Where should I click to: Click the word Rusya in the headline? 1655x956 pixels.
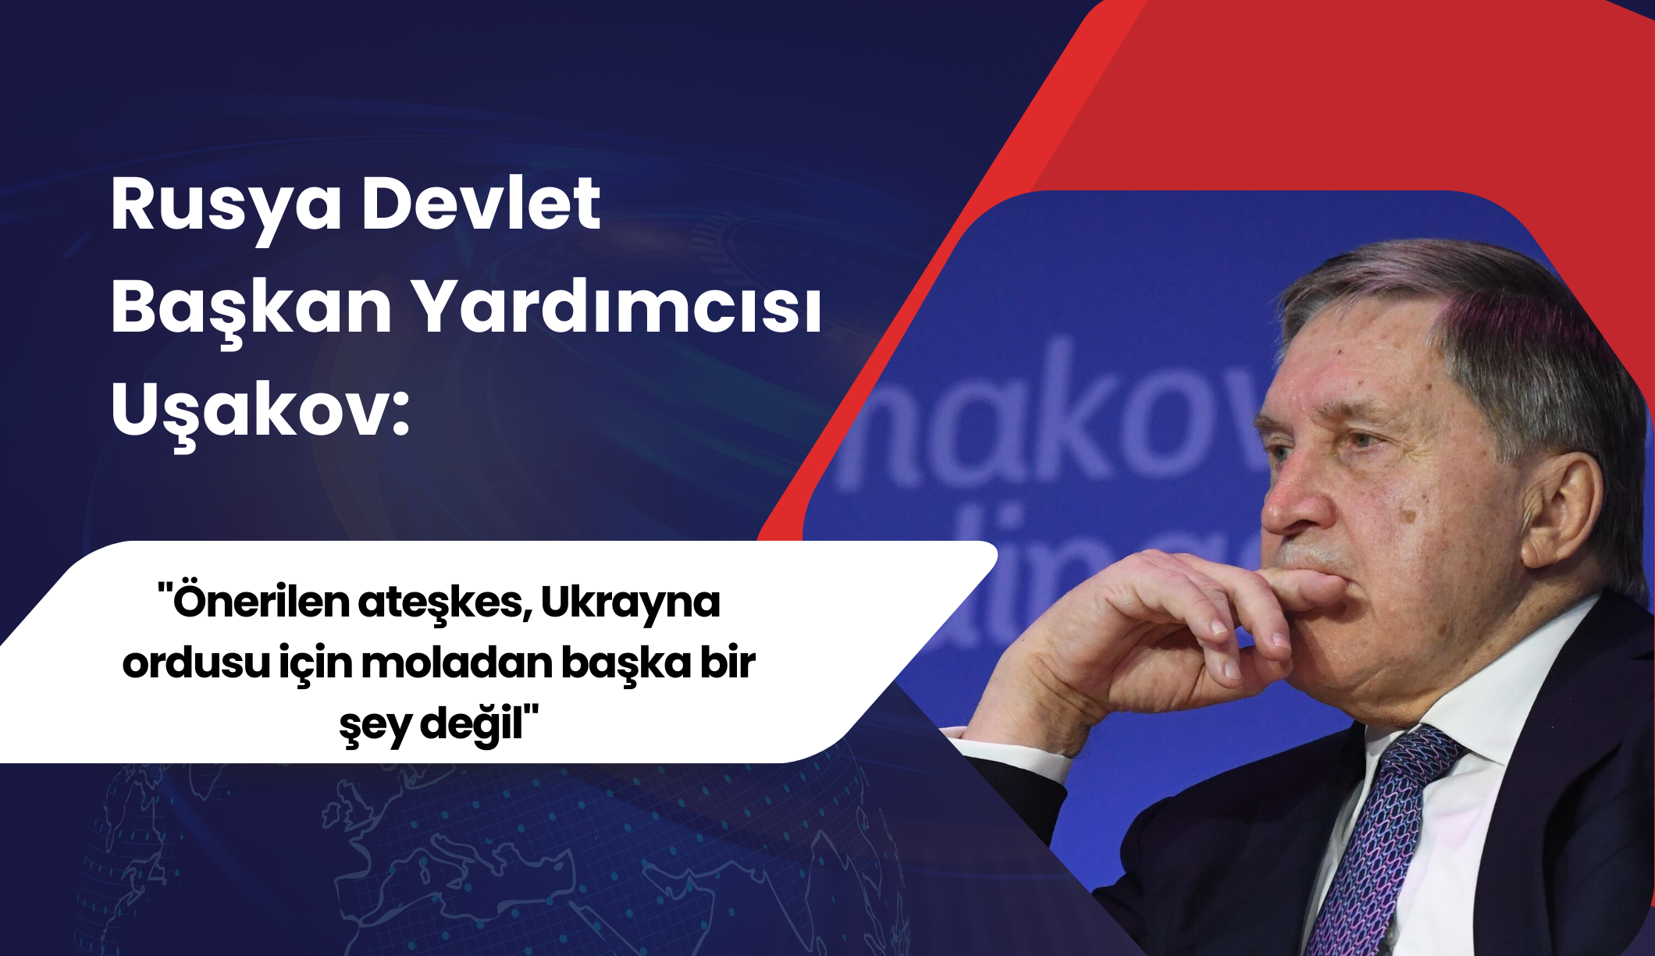[x=226, y=207]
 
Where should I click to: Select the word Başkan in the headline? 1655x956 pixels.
[x=251, y=310]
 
